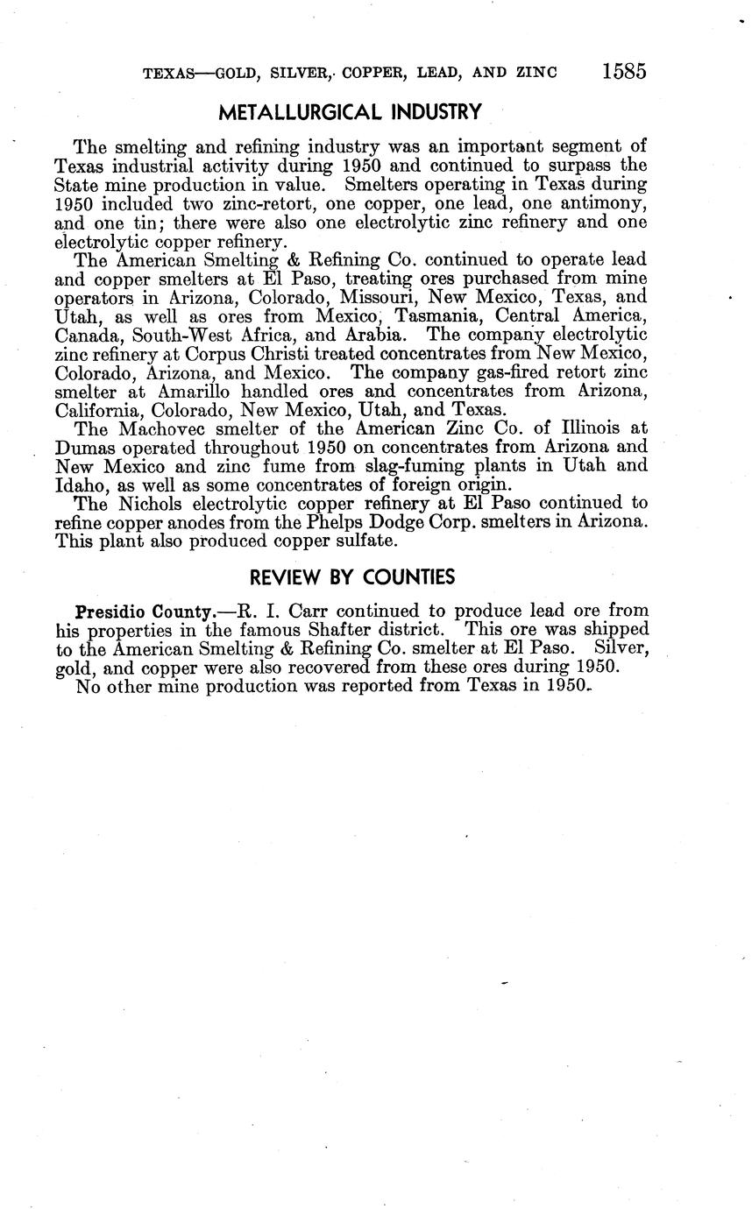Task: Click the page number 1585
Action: [x=624, y=71]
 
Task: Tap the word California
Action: [x=97, y=409]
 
